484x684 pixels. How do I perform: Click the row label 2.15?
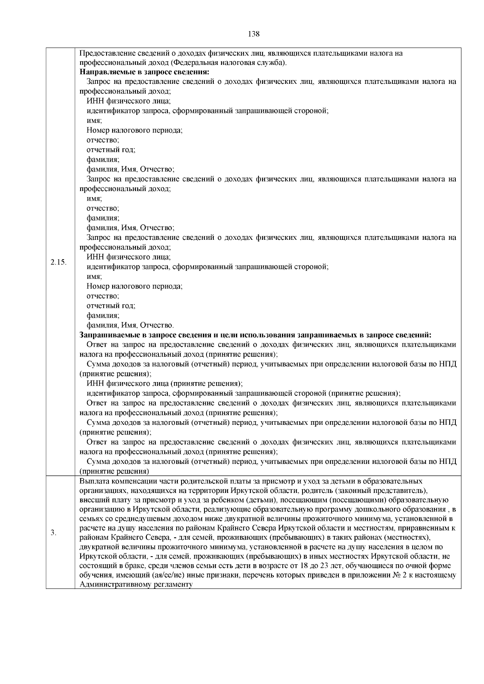click(x=59, y=262)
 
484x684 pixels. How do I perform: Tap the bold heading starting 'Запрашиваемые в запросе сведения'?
click(x=255, y=335)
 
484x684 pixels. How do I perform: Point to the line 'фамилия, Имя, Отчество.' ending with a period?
click(x=130, y=325)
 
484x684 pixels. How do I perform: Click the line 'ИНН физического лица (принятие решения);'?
click(x=165, y=384)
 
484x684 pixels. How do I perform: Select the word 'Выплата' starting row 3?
click(x=92, y=481)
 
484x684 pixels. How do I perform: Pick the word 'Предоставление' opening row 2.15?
click(x=103, y=53)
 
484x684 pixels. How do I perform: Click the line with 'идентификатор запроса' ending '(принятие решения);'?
click(x=244, y=393)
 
